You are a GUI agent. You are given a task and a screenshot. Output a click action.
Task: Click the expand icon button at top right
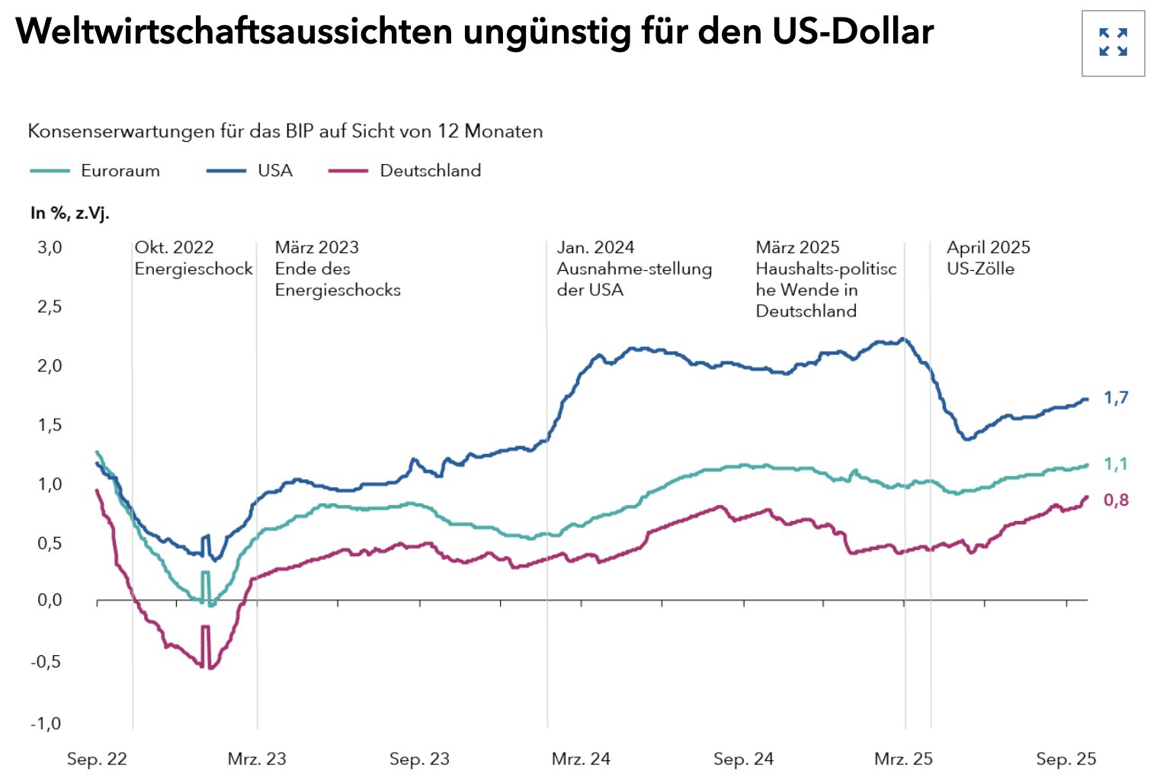tap(1113, 43)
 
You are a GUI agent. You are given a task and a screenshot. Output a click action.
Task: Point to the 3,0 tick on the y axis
tap(50, 248)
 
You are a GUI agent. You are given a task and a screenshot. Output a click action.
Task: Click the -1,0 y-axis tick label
tap(46, 724)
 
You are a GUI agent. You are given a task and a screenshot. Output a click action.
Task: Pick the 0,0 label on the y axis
tap(50, 601)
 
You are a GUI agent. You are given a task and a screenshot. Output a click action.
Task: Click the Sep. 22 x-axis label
tap(97, 759)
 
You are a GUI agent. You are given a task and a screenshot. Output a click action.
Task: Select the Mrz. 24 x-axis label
tap(581, 759)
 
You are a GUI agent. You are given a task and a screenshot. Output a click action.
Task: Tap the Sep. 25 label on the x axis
tap(1065, 759)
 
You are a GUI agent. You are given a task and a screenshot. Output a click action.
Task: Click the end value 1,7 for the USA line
tap(1116, 397)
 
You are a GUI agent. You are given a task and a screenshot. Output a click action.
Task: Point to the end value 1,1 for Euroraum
tap(1116, 464)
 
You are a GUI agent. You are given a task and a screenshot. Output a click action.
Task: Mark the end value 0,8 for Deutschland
tap(1116, 500)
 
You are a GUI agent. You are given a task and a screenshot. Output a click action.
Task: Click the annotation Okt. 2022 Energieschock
tap(193, 258)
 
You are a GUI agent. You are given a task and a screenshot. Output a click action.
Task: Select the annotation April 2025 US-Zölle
tap(988, 258)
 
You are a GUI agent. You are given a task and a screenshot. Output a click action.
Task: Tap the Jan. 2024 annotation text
tap(595, 248)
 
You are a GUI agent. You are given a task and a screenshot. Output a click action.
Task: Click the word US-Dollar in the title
tap(853, 31)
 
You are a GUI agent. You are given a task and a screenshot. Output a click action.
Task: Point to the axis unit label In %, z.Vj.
tap(70, 214)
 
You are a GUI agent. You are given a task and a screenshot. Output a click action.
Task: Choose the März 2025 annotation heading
tap(797, 248)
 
